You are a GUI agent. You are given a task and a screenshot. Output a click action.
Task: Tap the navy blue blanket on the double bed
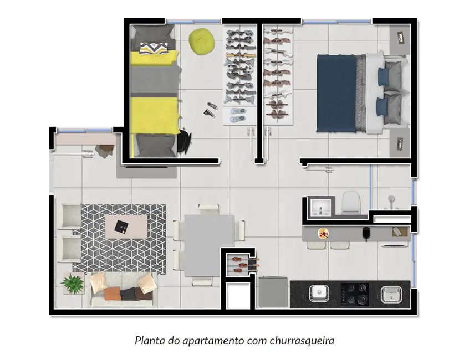pyautogui.click(x=337, y=93)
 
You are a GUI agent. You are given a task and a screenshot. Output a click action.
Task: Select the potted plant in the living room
pyautogui.click(x=72, y=284)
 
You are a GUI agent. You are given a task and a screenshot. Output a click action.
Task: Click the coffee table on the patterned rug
pyautogui.click(x=127, y=226)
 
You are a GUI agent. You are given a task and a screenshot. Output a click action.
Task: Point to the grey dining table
pyautogui.click(x=208, y=244)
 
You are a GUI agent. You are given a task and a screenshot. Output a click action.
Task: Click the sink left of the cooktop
pyautogui.click(x=319, y=292)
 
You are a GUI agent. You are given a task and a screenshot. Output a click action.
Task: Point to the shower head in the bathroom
pyautogui.click(x=392, y=198)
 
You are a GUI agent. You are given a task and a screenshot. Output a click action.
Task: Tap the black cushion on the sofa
pyautogui.click(x=129, y=294)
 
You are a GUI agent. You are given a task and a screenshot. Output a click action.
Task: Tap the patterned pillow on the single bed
pyautogui.click(x=152, y=48)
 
